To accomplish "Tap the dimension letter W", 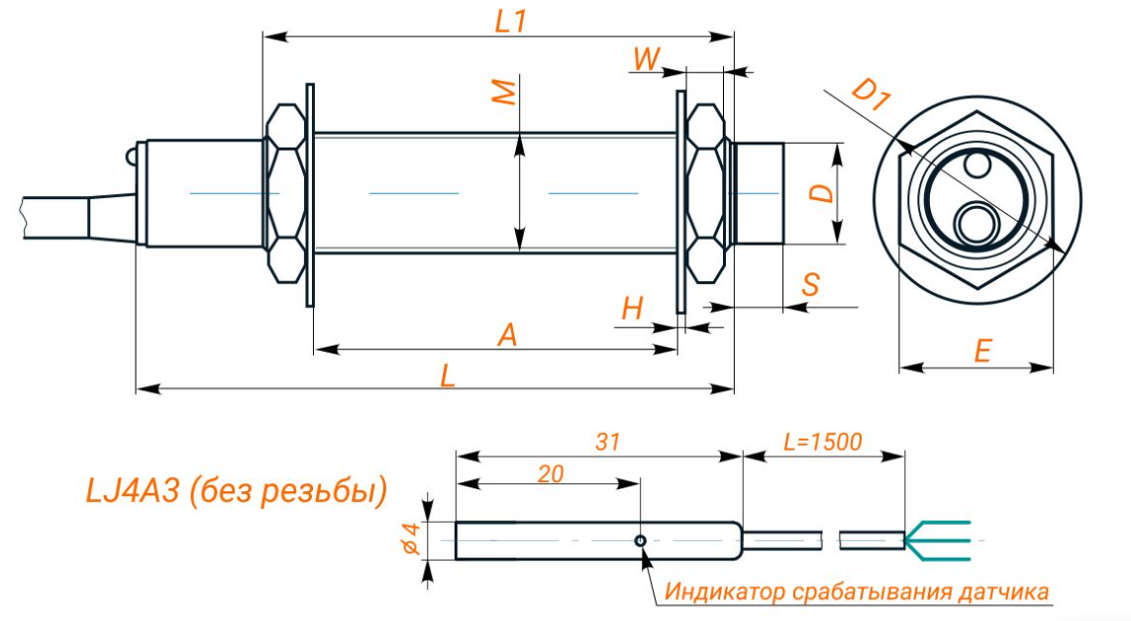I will coord(647,59).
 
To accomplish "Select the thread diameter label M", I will coord(504,92).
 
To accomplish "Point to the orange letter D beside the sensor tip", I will coord(821,190).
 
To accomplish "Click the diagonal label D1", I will coord(872,97).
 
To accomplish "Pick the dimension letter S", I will coord(811,285).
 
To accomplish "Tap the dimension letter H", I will coord(632,309).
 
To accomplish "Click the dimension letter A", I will coord(506,336).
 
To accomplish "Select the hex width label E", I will coord(981,352).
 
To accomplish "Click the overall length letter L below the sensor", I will coord(448,375).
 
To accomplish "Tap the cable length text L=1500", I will coord(822,441).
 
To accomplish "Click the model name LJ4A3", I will coord(136,490).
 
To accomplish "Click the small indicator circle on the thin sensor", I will coord(642,540).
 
